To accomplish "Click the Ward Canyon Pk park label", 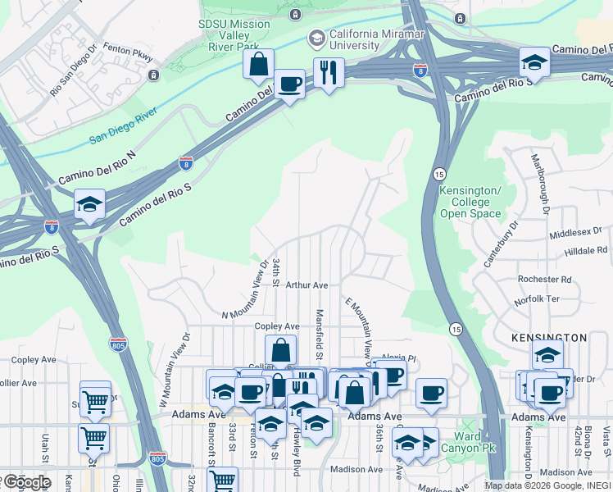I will (x=468, y=443).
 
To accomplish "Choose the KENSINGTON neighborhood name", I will (x=549, y=338).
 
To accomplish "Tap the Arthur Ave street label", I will (x=307, y=285).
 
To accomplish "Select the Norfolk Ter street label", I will (x=536, y=299).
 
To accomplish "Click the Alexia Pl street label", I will (x=399, y=358).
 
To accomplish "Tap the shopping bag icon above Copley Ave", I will (x=280, y=349).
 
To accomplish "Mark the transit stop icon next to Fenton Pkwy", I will (x=153, y=75).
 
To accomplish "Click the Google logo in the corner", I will (x=26, y=482).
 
